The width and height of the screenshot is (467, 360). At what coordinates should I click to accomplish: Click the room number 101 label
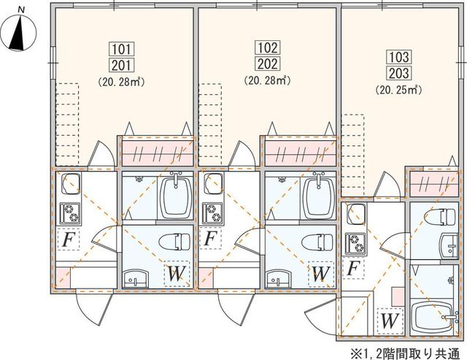[x=122, y=49]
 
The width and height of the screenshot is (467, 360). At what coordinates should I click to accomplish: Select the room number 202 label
[x=267, y=64]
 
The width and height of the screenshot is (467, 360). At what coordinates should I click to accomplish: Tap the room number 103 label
[x=399, y=57]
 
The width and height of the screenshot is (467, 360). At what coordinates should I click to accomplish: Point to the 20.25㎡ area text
[x=399, y=89]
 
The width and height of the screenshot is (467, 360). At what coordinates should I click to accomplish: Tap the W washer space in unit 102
[x=320, y=274]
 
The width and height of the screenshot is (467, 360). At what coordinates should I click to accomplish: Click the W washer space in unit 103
[x=390, y=321]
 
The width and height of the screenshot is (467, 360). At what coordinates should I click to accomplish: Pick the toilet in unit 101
[x=175, y=242]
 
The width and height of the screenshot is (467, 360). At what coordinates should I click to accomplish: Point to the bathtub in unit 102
[x=318, y=196]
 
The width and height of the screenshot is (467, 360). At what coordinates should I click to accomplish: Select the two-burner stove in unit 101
[x=70, y=213]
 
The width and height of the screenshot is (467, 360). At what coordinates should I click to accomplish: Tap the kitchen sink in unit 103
[x=356, y=214]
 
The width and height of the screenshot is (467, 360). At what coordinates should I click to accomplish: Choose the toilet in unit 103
[x=441, y=217]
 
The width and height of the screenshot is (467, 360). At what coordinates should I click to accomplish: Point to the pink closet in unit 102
[x=301, y=152]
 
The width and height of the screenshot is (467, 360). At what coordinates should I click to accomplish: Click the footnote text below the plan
[x=407, y=353]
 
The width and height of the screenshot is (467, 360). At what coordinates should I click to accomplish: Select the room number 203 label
[x=399, y=73]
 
